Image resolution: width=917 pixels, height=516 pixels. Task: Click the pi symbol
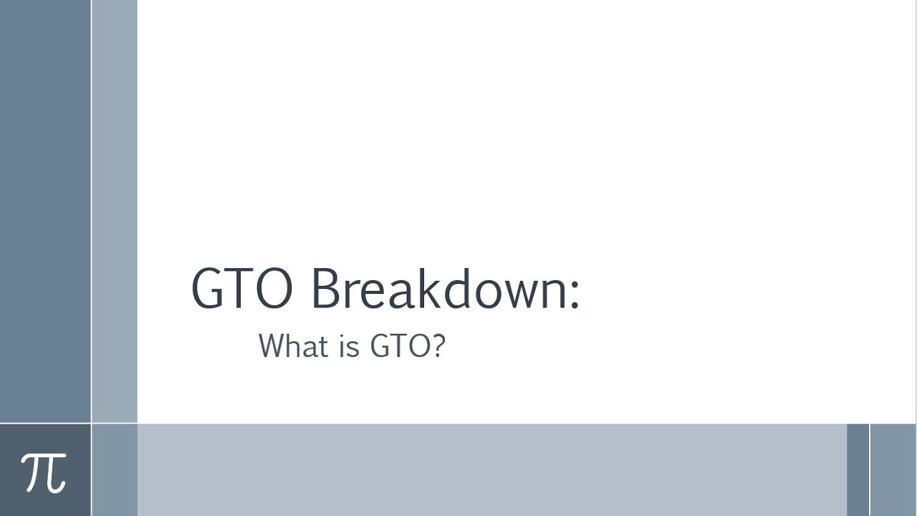(x=44, y=472)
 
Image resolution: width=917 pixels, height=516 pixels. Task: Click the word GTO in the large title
(x=241, y=289)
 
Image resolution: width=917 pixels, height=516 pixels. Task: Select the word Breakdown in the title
(x=438, y=288)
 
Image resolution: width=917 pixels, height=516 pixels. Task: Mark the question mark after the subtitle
(x=438, y=345)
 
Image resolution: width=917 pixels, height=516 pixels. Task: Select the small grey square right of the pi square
(x=115, y=469)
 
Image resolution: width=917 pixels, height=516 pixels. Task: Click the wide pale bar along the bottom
(x=491, y=469)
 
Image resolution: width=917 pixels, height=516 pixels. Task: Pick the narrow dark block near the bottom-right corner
(x=858, y=469)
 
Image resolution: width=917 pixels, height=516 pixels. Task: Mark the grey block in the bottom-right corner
(x=893, y=469)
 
